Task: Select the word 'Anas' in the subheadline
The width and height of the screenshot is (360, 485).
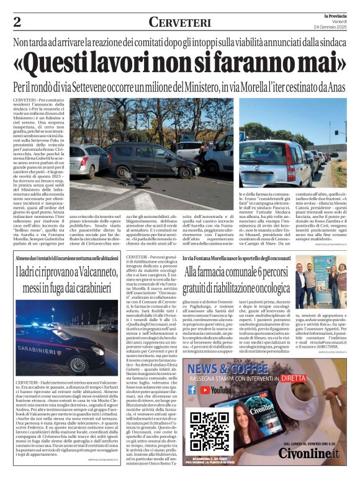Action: [335, 88]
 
